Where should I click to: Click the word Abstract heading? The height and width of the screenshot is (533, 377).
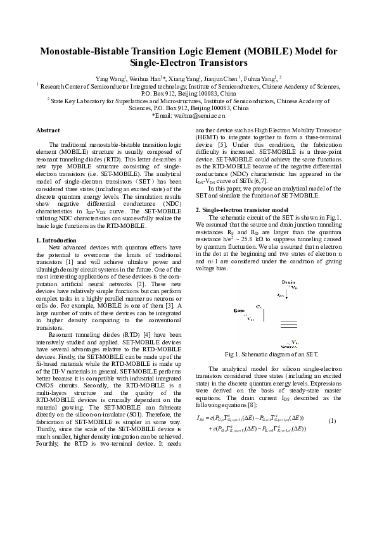pyautogui.click(x=48, y=129)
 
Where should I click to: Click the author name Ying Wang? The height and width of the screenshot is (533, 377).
pyautogui.click(x=110, y=77)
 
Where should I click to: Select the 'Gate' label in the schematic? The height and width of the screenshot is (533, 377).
pyautogui.click(x=239, y=311)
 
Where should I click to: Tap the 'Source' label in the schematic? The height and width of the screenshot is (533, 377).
pyautogui.click(x=289, y=346)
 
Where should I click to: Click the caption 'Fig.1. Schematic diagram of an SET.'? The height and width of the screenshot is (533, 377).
pyautogui.click(x=267, y=355)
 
